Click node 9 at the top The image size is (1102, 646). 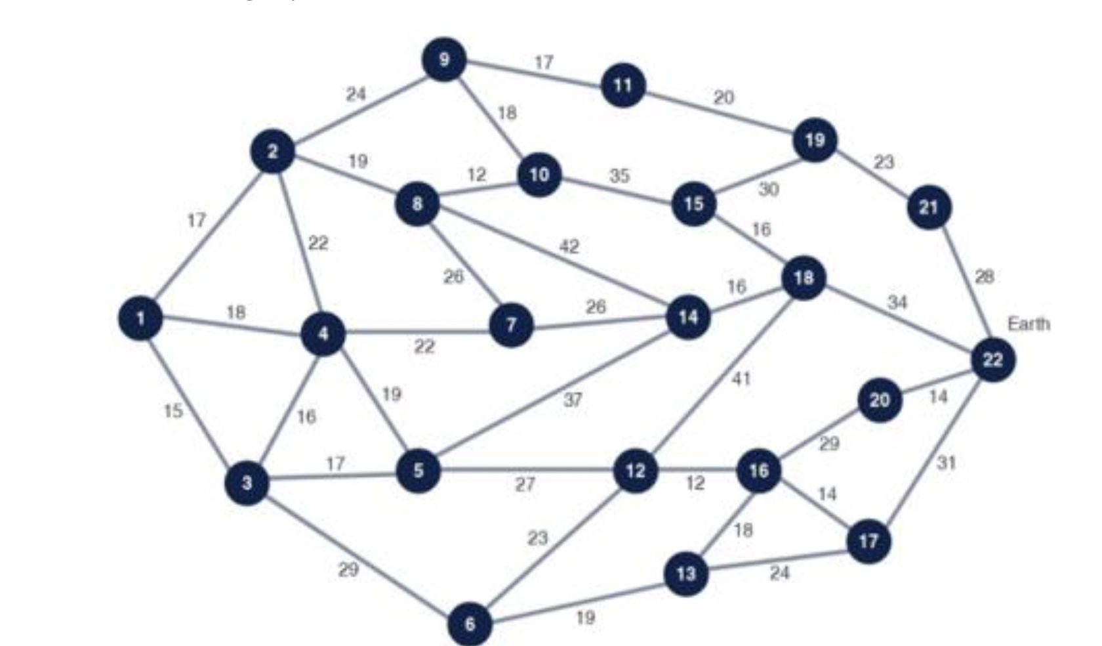[444, 60]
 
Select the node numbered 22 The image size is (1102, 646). [992, 360]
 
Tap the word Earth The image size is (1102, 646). [1028, 324]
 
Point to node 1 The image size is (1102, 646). [140, 319]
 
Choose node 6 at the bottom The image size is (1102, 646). [470, 623]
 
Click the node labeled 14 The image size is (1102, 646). [687, 318]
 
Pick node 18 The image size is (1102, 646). [804, 278]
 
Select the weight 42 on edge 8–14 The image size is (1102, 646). [569, 246]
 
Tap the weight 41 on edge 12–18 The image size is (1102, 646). [741, 379]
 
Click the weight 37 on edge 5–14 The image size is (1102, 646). [573, 399]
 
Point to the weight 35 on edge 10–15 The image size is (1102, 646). [619, 175]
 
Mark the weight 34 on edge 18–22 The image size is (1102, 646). [897, 302]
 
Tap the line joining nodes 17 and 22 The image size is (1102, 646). [931, 450]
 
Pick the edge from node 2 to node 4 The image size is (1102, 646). [296, 243]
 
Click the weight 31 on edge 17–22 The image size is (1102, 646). [946, 463]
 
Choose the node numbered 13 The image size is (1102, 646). [685, 574]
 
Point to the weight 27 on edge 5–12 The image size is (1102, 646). [525, 484]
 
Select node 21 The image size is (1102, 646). [929, 207]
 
